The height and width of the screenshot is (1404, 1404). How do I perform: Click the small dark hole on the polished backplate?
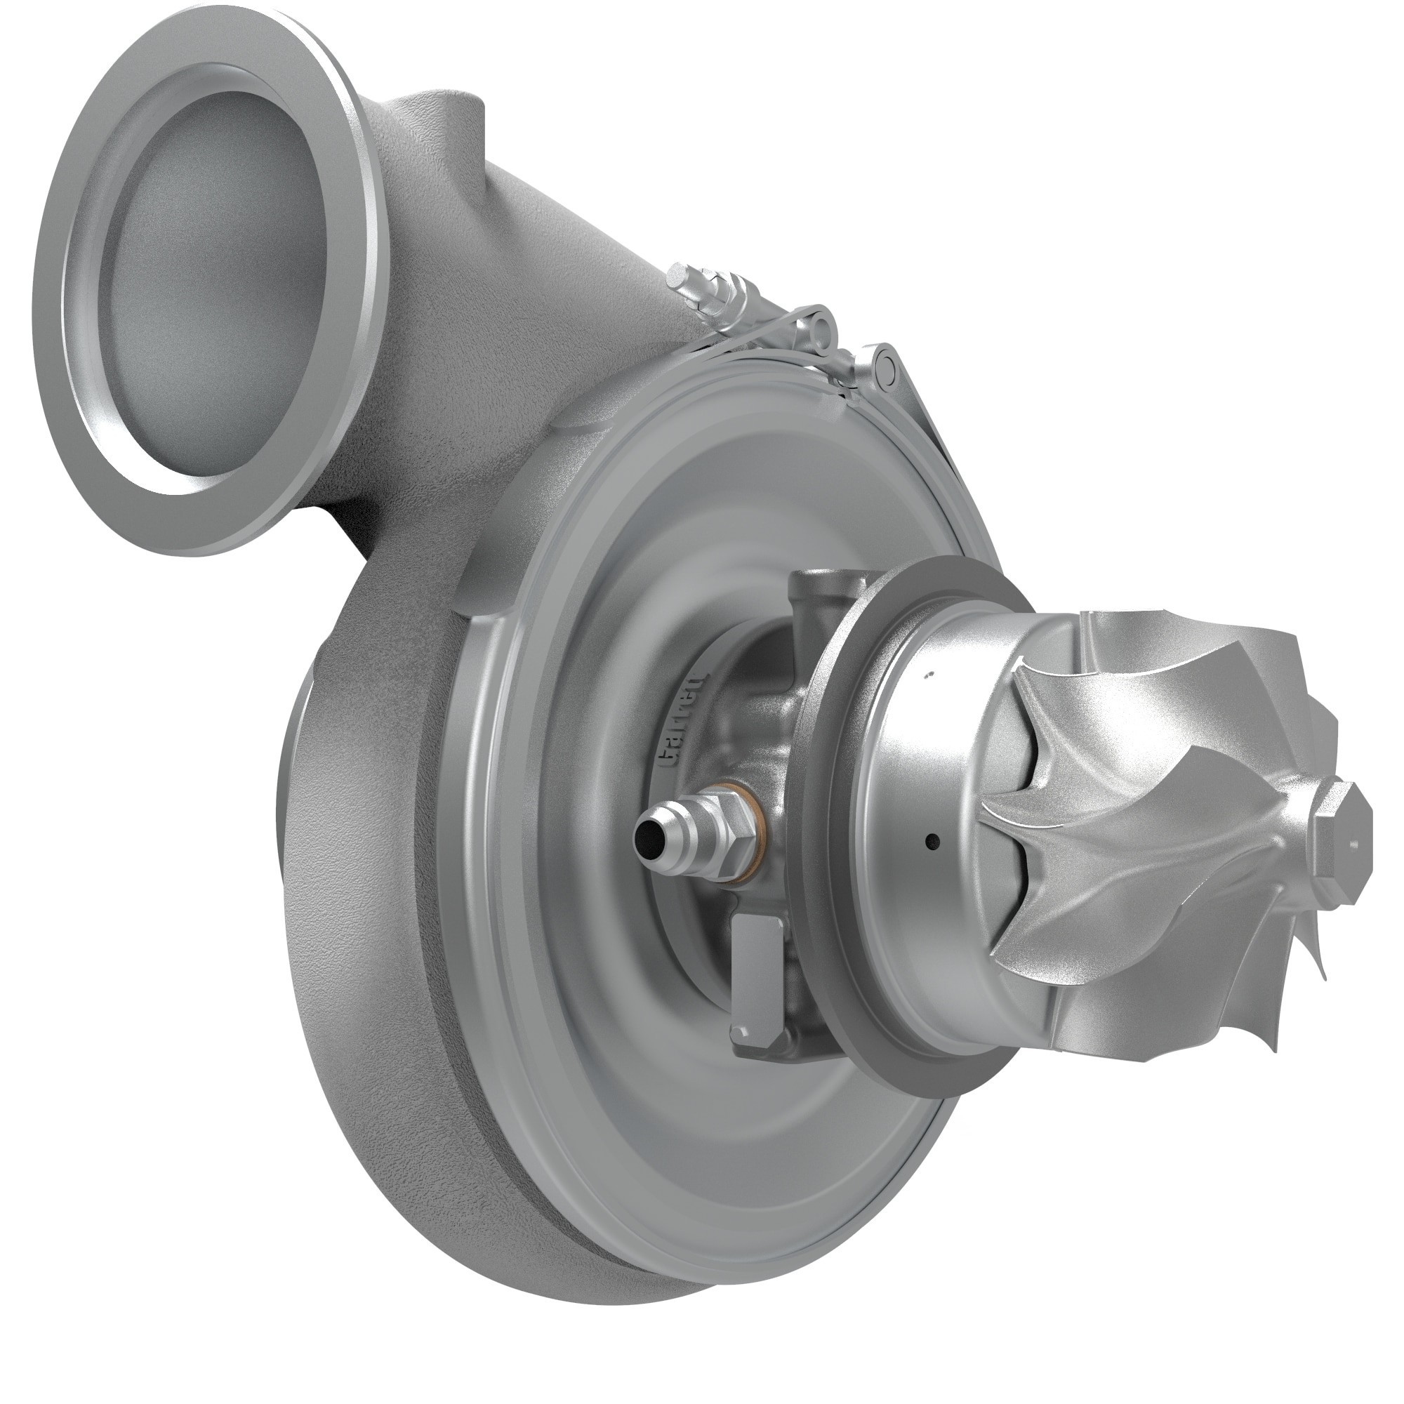click(933, 842)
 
